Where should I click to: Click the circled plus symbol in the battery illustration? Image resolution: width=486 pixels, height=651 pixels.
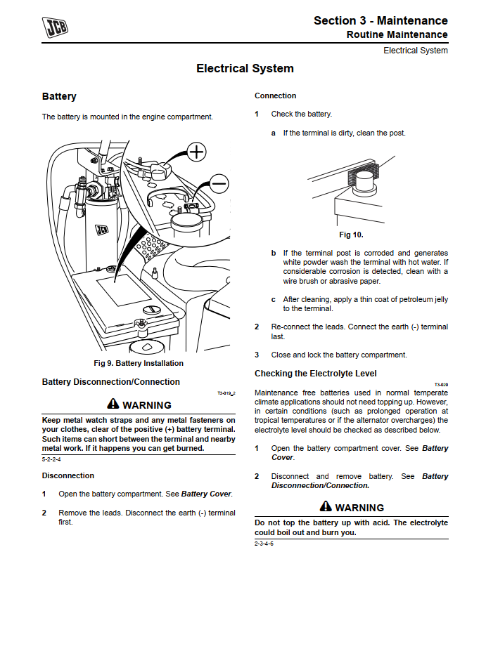(196, 151)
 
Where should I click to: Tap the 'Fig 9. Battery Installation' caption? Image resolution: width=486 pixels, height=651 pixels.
(139, 363)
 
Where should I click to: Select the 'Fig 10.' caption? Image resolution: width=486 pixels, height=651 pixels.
(351, 235)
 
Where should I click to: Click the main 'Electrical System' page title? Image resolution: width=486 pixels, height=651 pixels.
(245, 69)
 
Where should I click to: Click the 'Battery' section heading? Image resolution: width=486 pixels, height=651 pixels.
(59, 96)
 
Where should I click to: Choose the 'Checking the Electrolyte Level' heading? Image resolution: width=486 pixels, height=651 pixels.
(315, 374)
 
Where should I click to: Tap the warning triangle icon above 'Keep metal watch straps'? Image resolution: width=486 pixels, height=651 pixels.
(113, 404)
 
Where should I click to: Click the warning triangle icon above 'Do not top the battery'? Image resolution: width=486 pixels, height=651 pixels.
(326, 506)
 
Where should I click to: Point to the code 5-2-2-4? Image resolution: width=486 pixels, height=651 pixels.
(51, 459)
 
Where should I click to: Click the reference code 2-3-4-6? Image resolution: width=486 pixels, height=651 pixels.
(264, 544)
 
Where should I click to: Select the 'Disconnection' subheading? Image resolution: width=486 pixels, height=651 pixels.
(68, 475)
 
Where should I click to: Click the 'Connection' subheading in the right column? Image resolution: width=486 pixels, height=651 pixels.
(275, 96)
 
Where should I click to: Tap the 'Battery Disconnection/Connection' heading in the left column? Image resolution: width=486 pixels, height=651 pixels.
(110, 382)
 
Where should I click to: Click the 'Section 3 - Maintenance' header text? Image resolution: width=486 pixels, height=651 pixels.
(381, 20)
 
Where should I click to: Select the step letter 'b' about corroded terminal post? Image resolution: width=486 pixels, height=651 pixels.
(274, 253)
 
